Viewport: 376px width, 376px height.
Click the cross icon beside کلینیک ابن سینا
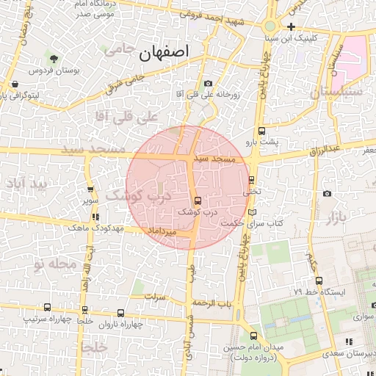[292, 27]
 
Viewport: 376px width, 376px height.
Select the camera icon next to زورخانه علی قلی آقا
[209, 84]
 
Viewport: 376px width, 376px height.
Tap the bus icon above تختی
[252, 179]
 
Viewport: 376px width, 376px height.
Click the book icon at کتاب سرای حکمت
[253, 211]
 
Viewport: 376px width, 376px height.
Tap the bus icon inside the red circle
[198, 200]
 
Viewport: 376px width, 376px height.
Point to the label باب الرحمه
[212, 303]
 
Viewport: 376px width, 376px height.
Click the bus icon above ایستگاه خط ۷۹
[318, 281]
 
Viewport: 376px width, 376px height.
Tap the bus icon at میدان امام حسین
[253, 336]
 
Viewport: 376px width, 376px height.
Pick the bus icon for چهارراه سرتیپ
[48, 308]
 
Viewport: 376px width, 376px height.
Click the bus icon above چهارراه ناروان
[120, 312]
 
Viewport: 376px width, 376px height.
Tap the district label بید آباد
[25, 184]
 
